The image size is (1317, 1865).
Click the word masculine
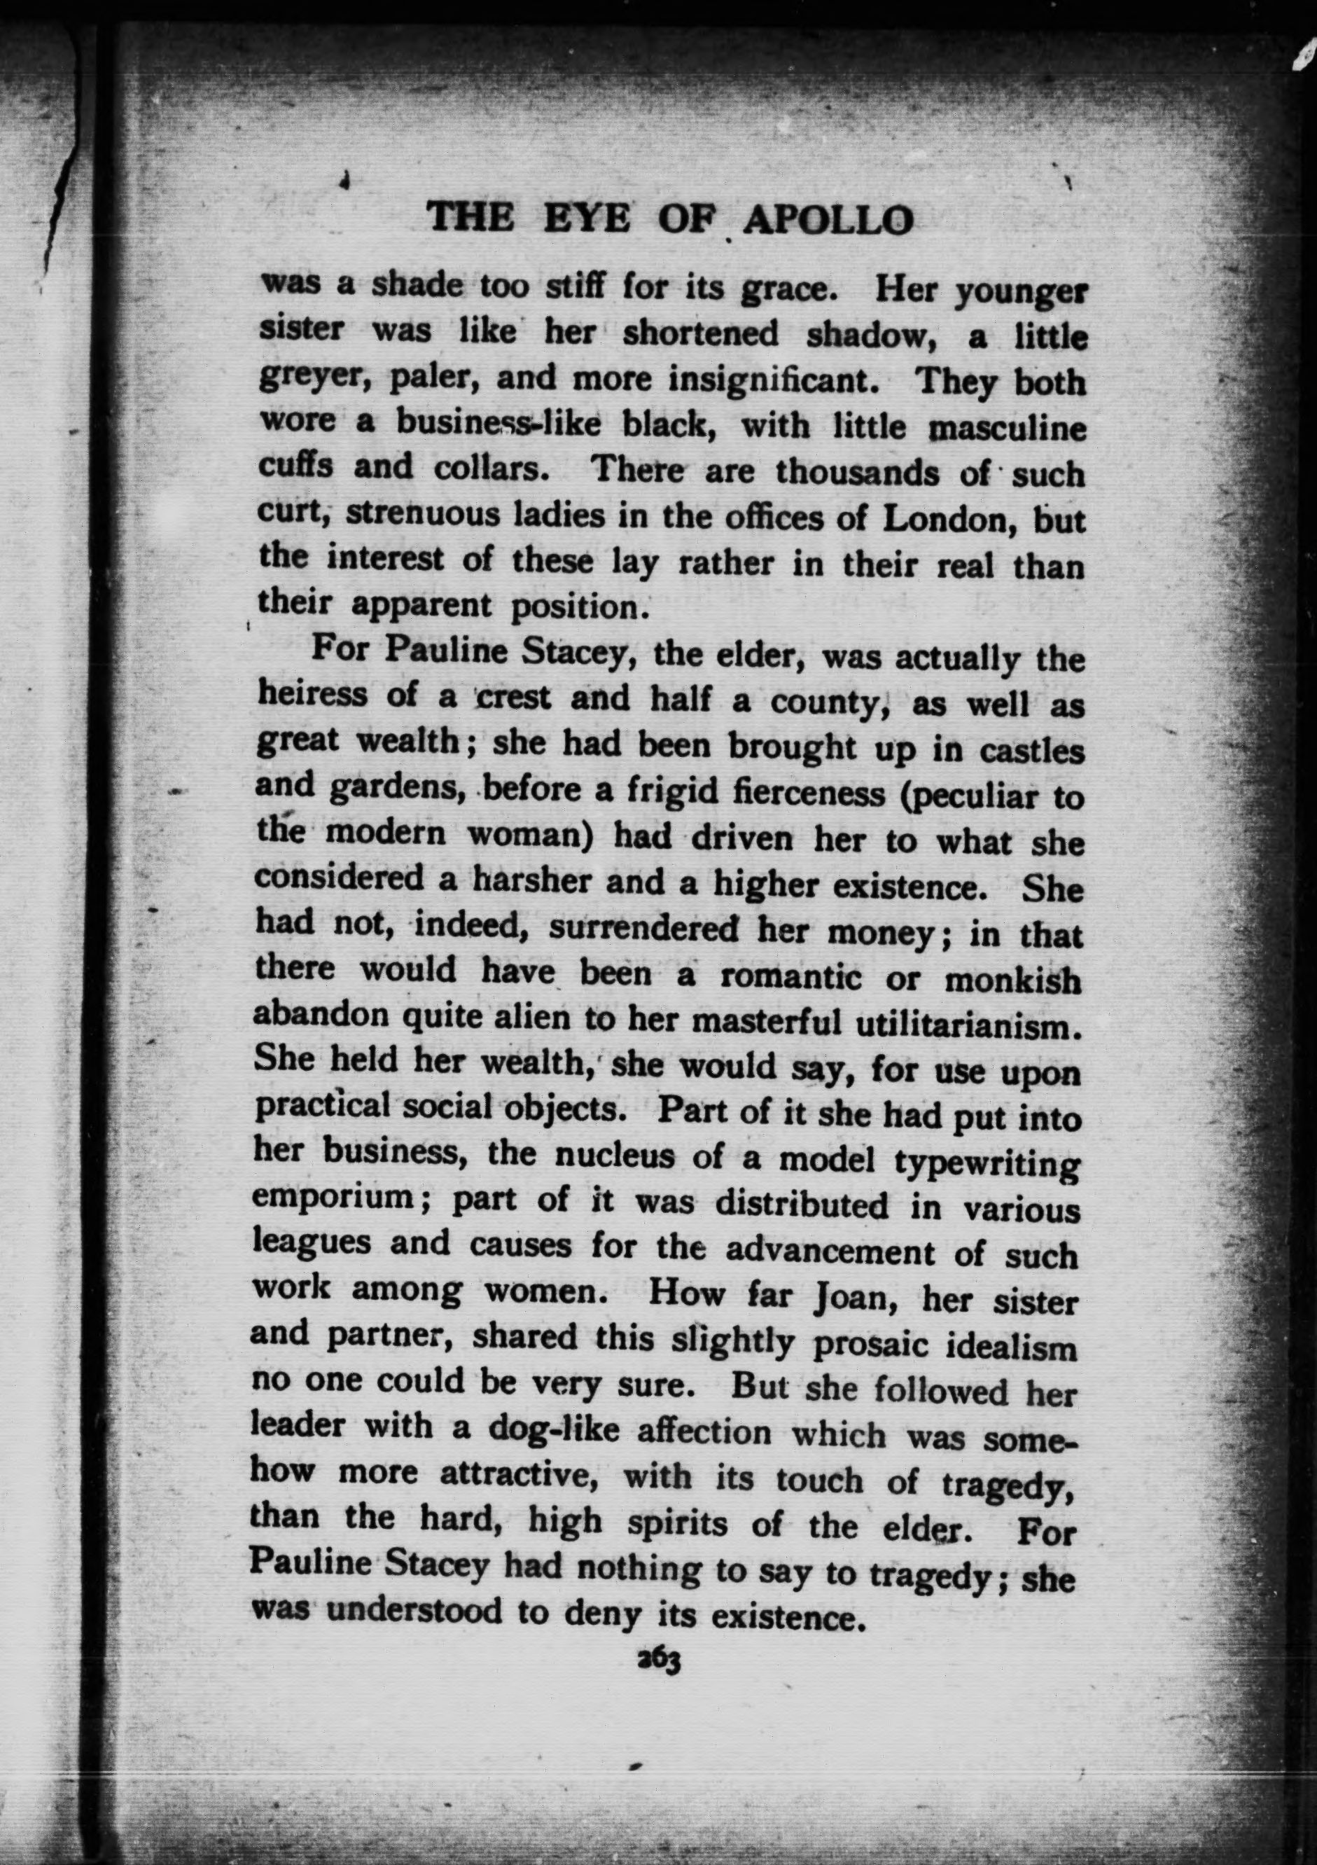(x=1008, y=428)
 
